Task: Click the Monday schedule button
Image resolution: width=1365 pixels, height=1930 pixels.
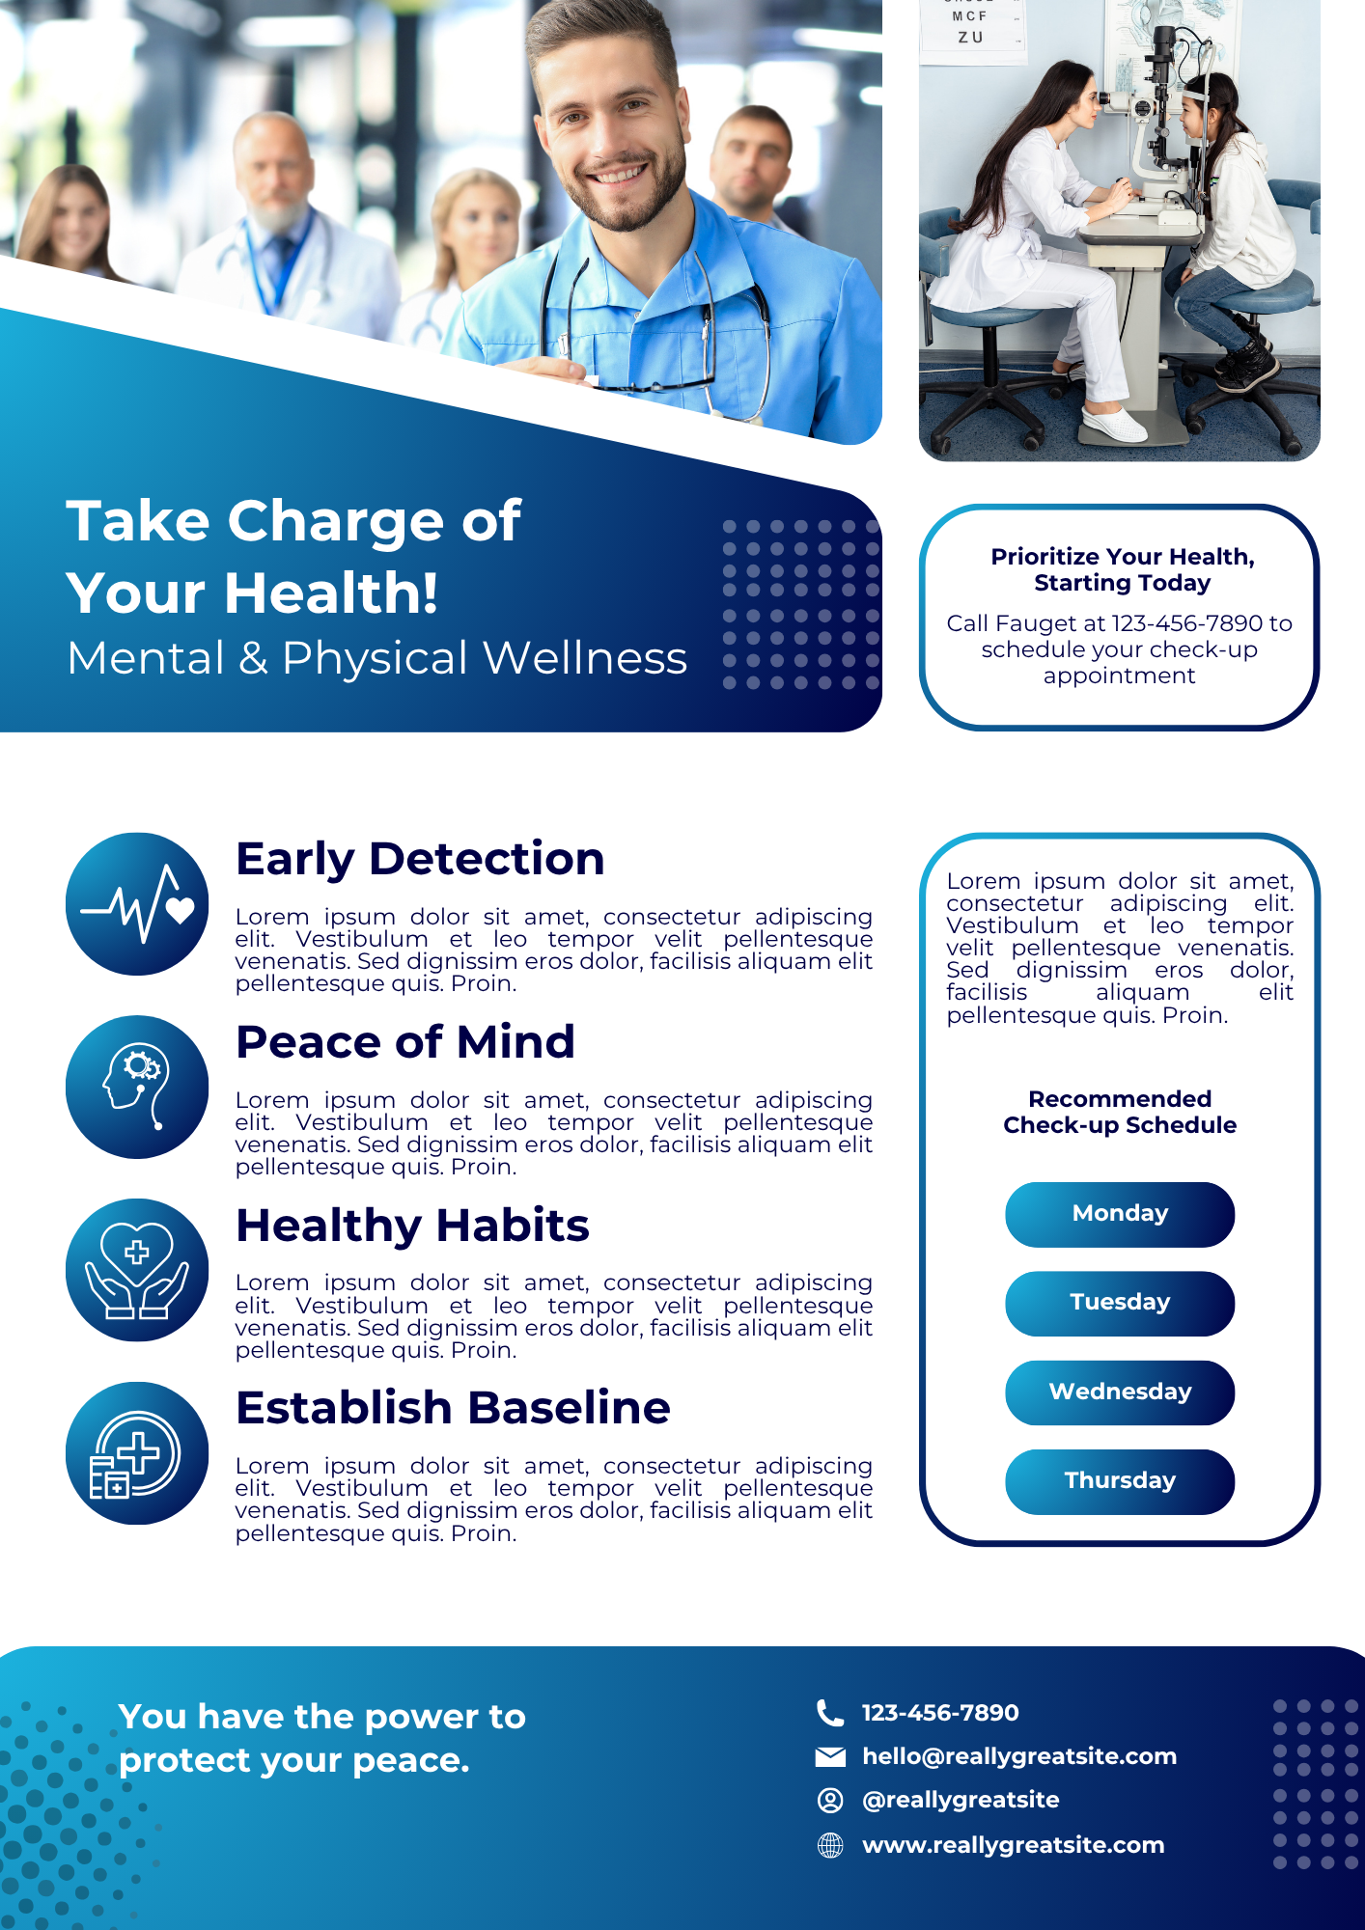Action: tap(1120, 1214)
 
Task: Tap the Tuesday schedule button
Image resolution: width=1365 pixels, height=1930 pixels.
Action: tap(1120, 1303)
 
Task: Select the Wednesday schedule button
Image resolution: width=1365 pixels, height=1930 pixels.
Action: tap(1120, 1392)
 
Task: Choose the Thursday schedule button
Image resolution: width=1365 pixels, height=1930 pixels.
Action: tap(1120, 1481)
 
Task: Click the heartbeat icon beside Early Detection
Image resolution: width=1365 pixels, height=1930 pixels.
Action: tap(137, 904)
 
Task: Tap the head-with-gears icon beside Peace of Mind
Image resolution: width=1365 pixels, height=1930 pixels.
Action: tap(137, 1087)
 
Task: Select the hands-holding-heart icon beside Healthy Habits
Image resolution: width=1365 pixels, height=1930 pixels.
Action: tap(137, 1270)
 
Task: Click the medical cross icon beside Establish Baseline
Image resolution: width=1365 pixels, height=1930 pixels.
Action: tap(137, 1453)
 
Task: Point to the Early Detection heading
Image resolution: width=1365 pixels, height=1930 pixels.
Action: tap(420, 860)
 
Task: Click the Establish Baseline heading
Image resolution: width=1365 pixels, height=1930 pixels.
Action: tap(453, 1408)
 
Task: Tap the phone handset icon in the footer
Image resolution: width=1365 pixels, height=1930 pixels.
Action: tap(830, 1713)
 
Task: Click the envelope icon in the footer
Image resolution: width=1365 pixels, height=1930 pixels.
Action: tap(830, 1756)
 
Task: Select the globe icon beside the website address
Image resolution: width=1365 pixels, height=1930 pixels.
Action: tap(830, 1845)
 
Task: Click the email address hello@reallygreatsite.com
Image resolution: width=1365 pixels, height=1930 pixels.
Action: tap(1019, 1756)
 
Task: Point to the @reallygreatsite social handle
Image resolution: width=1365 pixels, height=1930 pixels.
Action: tap(961, 1800)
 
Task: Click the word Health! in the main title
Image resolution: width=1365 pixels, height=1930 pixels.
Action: tap(331, 593)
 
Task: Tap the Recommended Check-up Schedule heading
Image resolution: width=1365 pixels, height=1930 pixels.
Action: tap(1120, 1112)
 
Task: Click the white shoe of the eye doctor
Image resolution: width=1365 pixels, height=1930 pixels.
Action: tap(1114, 424)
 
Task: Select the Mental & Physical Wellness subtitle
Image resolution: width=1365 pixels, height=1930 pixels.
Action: tap(377, 659)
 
